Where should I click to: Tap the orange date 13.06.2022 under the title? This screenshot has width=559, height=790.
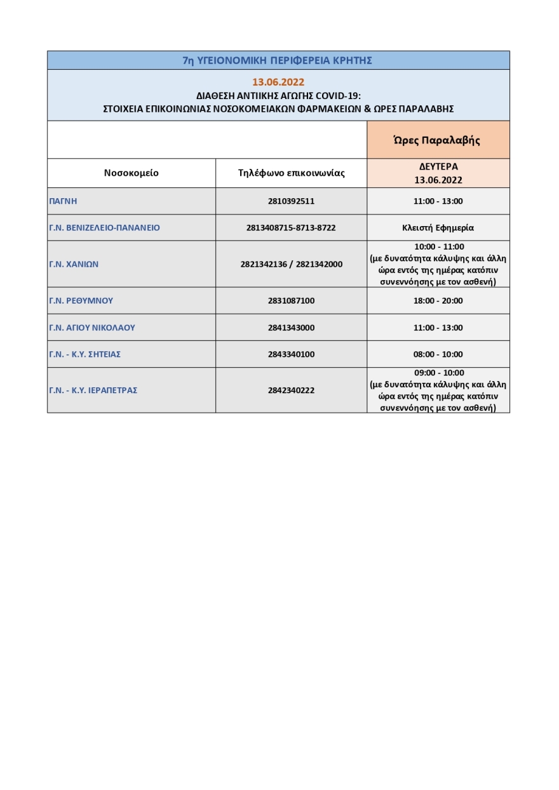click(x=278, y=82)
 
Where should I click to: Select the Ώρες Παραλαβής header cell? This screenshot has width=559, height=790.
click(x=438, y=140)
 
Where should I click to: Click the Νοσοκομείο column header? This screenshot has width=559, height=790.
click(x=131, y=173)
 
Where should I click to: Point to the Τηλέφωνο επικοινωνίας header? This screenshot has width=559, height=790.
click(x=291, y=173)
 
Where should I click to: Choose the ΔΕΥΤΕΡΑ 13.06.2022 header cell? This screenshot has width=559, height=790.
click(x=438, y=173)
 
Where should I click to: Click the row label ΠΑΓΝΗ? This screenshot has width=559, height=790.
click(x=63, y=201)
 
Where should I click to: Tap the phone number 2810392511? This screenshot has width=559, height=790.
click(x=291, y=201)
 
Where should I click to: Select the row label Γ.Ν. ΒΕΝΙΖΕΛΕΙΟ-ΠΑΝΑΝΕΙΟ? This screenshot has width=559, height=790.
click(x=104, y=227)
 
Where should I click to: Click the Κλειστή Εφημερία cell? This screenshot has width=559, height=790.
click(x=438, y=227)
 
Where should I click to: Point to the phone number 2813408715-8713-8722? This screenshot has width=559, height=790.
click(x=291, y=227)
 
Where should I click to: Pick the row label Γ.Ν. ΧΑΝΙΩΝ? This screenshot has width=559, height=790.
click(x=74, y=264)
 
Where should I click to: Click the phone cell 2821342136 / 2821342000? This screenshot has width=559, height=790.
click(x=291, y=264)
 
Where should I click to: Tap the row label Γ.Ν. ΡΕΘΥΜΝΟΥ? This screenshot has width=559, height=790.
click(x=81, y=301)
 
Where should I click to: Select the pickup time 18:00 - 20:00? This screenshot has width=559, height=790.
click(x=438, y=301)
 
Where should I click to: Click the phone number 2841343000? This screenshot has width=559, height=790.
click(x=291, y=328)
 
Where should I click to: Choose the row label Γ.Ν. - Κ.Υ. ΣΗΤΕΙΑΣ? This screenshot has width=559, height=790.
click(x=84, y=354)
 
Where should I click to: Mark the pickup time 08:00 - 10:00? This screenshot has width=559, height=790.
click(x=438, y=354)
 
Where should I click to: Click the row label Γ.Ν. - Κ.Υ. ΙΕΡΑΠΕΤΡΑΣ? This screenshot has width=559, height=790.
click(x=93, y=391)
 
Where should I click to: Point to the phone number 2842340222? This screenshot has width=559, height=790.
click(x=291, y=391)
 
